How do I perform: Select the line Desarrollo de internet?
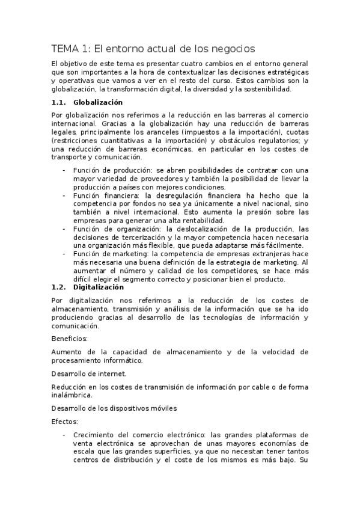88,373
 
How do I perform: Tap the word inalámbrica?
72,395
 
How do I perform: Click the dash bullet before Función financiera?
64,195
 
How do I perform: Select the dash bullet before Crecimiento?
64,435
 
